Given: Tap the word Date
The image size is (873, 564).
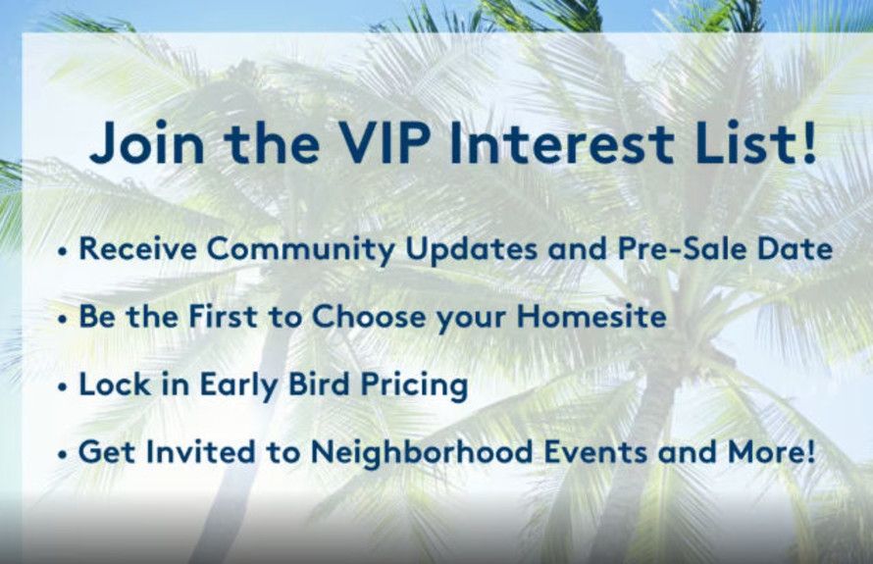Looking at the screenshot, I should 793,249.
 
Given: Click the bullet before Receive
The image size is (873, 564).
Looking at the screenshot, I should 64,251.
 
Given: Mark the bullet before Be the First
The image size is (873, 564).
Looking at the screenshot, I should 64,320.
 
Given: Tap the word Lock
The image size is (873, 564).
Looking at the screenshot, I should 111,385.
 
